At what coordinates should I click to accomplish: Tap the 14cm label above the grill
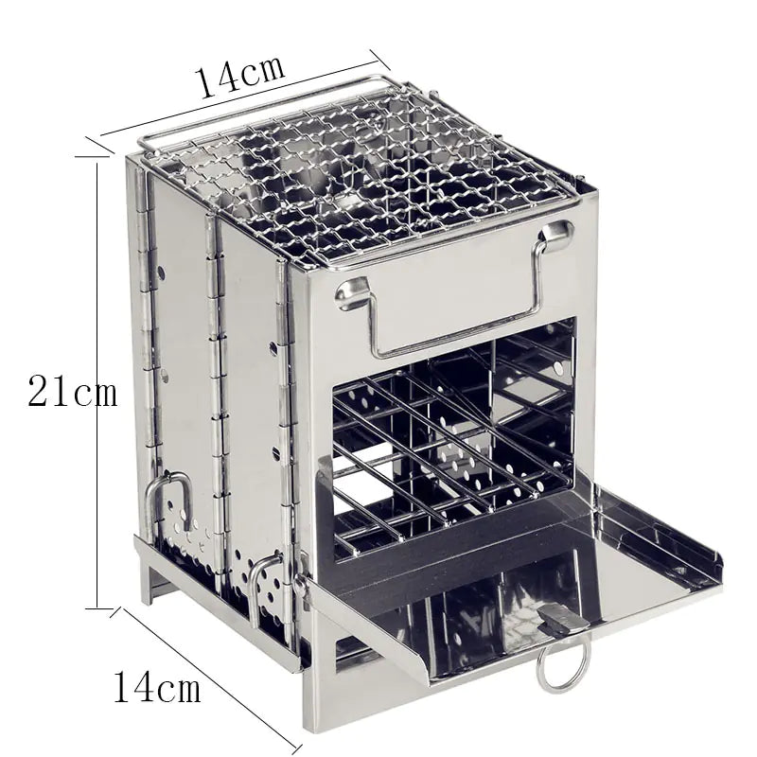[240, 76]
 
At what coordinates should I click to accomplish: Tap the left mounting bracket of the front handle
[351, 293]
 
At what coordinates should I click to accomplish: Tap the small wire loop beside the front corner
[267, 587]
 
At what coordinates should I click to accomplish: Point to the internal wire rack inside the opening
[445, 435]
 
